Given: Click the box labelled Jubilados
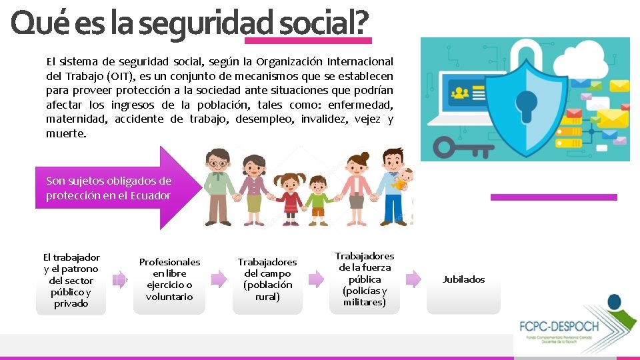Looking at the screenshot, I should pyautogui.click(x=463, y=279).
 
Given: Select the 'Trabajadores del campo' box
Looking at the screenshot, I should pyautogui.click(x=267, y=279).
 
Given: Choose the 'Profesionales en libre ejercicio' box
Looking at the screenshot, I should pyautogui.click(x=169, y=279).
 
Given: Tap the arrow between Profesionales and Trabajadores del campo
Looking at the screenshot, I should pyautogui.click(x=219, y=279).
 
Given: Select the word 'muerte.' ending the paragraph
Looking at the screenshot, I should pyautogui.click(x=66, y=133).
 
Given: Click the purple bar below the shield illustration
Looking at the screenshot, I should pyautogui.click(x=553, y=197).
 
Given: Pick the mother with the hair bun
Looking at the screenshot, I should pyautogui.click(x=357, y=187).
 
